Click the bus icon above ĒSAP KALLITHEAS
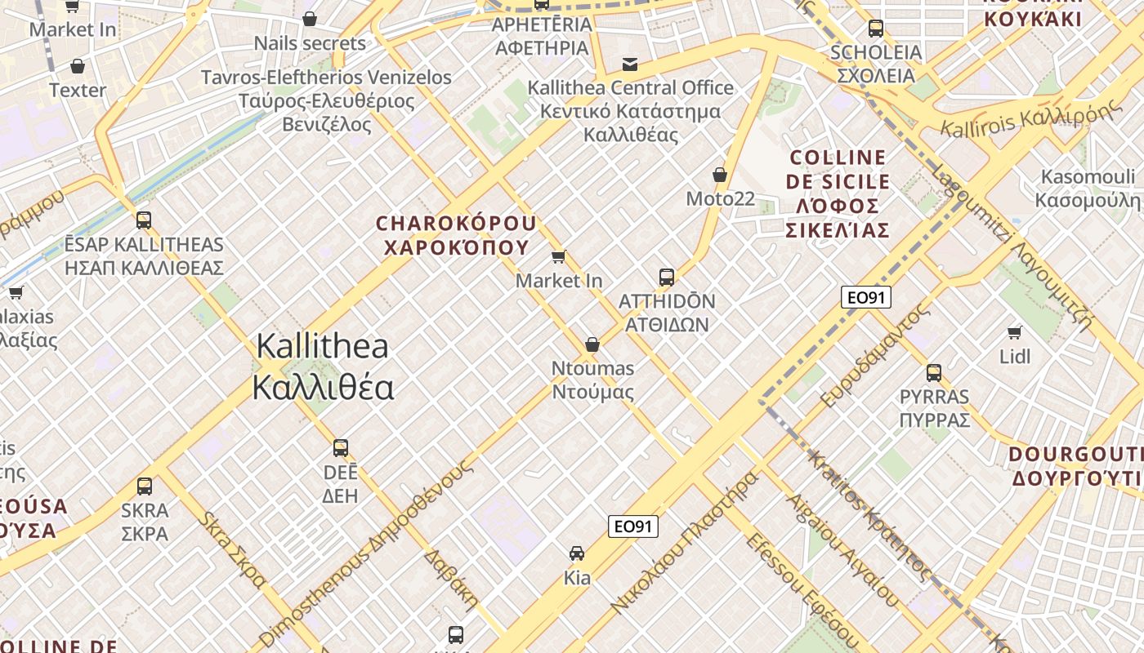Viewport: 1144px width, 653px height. tap(144, 220)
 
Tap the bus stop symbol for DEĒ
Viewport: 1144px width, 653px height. tap(341, 447)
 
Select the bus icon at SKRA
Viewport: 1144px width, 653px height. tap(145, 486)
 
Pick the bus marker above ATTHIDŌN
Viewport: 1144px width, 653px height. tap(667, 277)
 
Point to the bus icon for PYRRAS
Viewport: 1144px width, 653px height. tap(934, 373)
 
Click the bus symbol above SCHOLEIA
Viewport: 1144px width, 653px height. tap(876, 28)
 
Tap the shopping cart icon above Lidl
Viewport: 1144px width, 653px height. tap(1015, 332)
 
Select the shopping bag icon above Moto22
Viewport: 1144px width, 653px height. tap(720, 175)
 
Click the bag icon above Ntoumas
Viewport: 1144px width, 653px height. tap(592, 344)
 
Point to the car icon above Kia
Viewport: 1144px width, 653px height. tap(577, 553)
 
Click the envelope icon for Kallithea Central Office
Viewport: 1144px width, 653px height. tap(630, 64)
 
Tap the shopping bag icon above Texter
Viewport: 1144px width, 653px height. tap(78, 65)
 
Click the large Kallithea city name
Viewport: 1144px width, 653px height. tap(323, 366)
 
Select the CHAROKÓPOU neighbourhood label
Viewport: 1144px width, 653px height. tap(456, 235)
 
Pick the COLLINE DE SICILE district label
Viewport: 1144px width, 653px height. tap(838, 194)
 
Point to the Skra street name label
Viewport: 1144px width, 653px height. tap(234, 549)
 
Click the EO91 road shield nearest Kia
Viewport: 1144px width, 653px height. tap(633, 526)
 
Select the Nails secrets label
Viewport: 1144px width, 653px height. tap(310, 43)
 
